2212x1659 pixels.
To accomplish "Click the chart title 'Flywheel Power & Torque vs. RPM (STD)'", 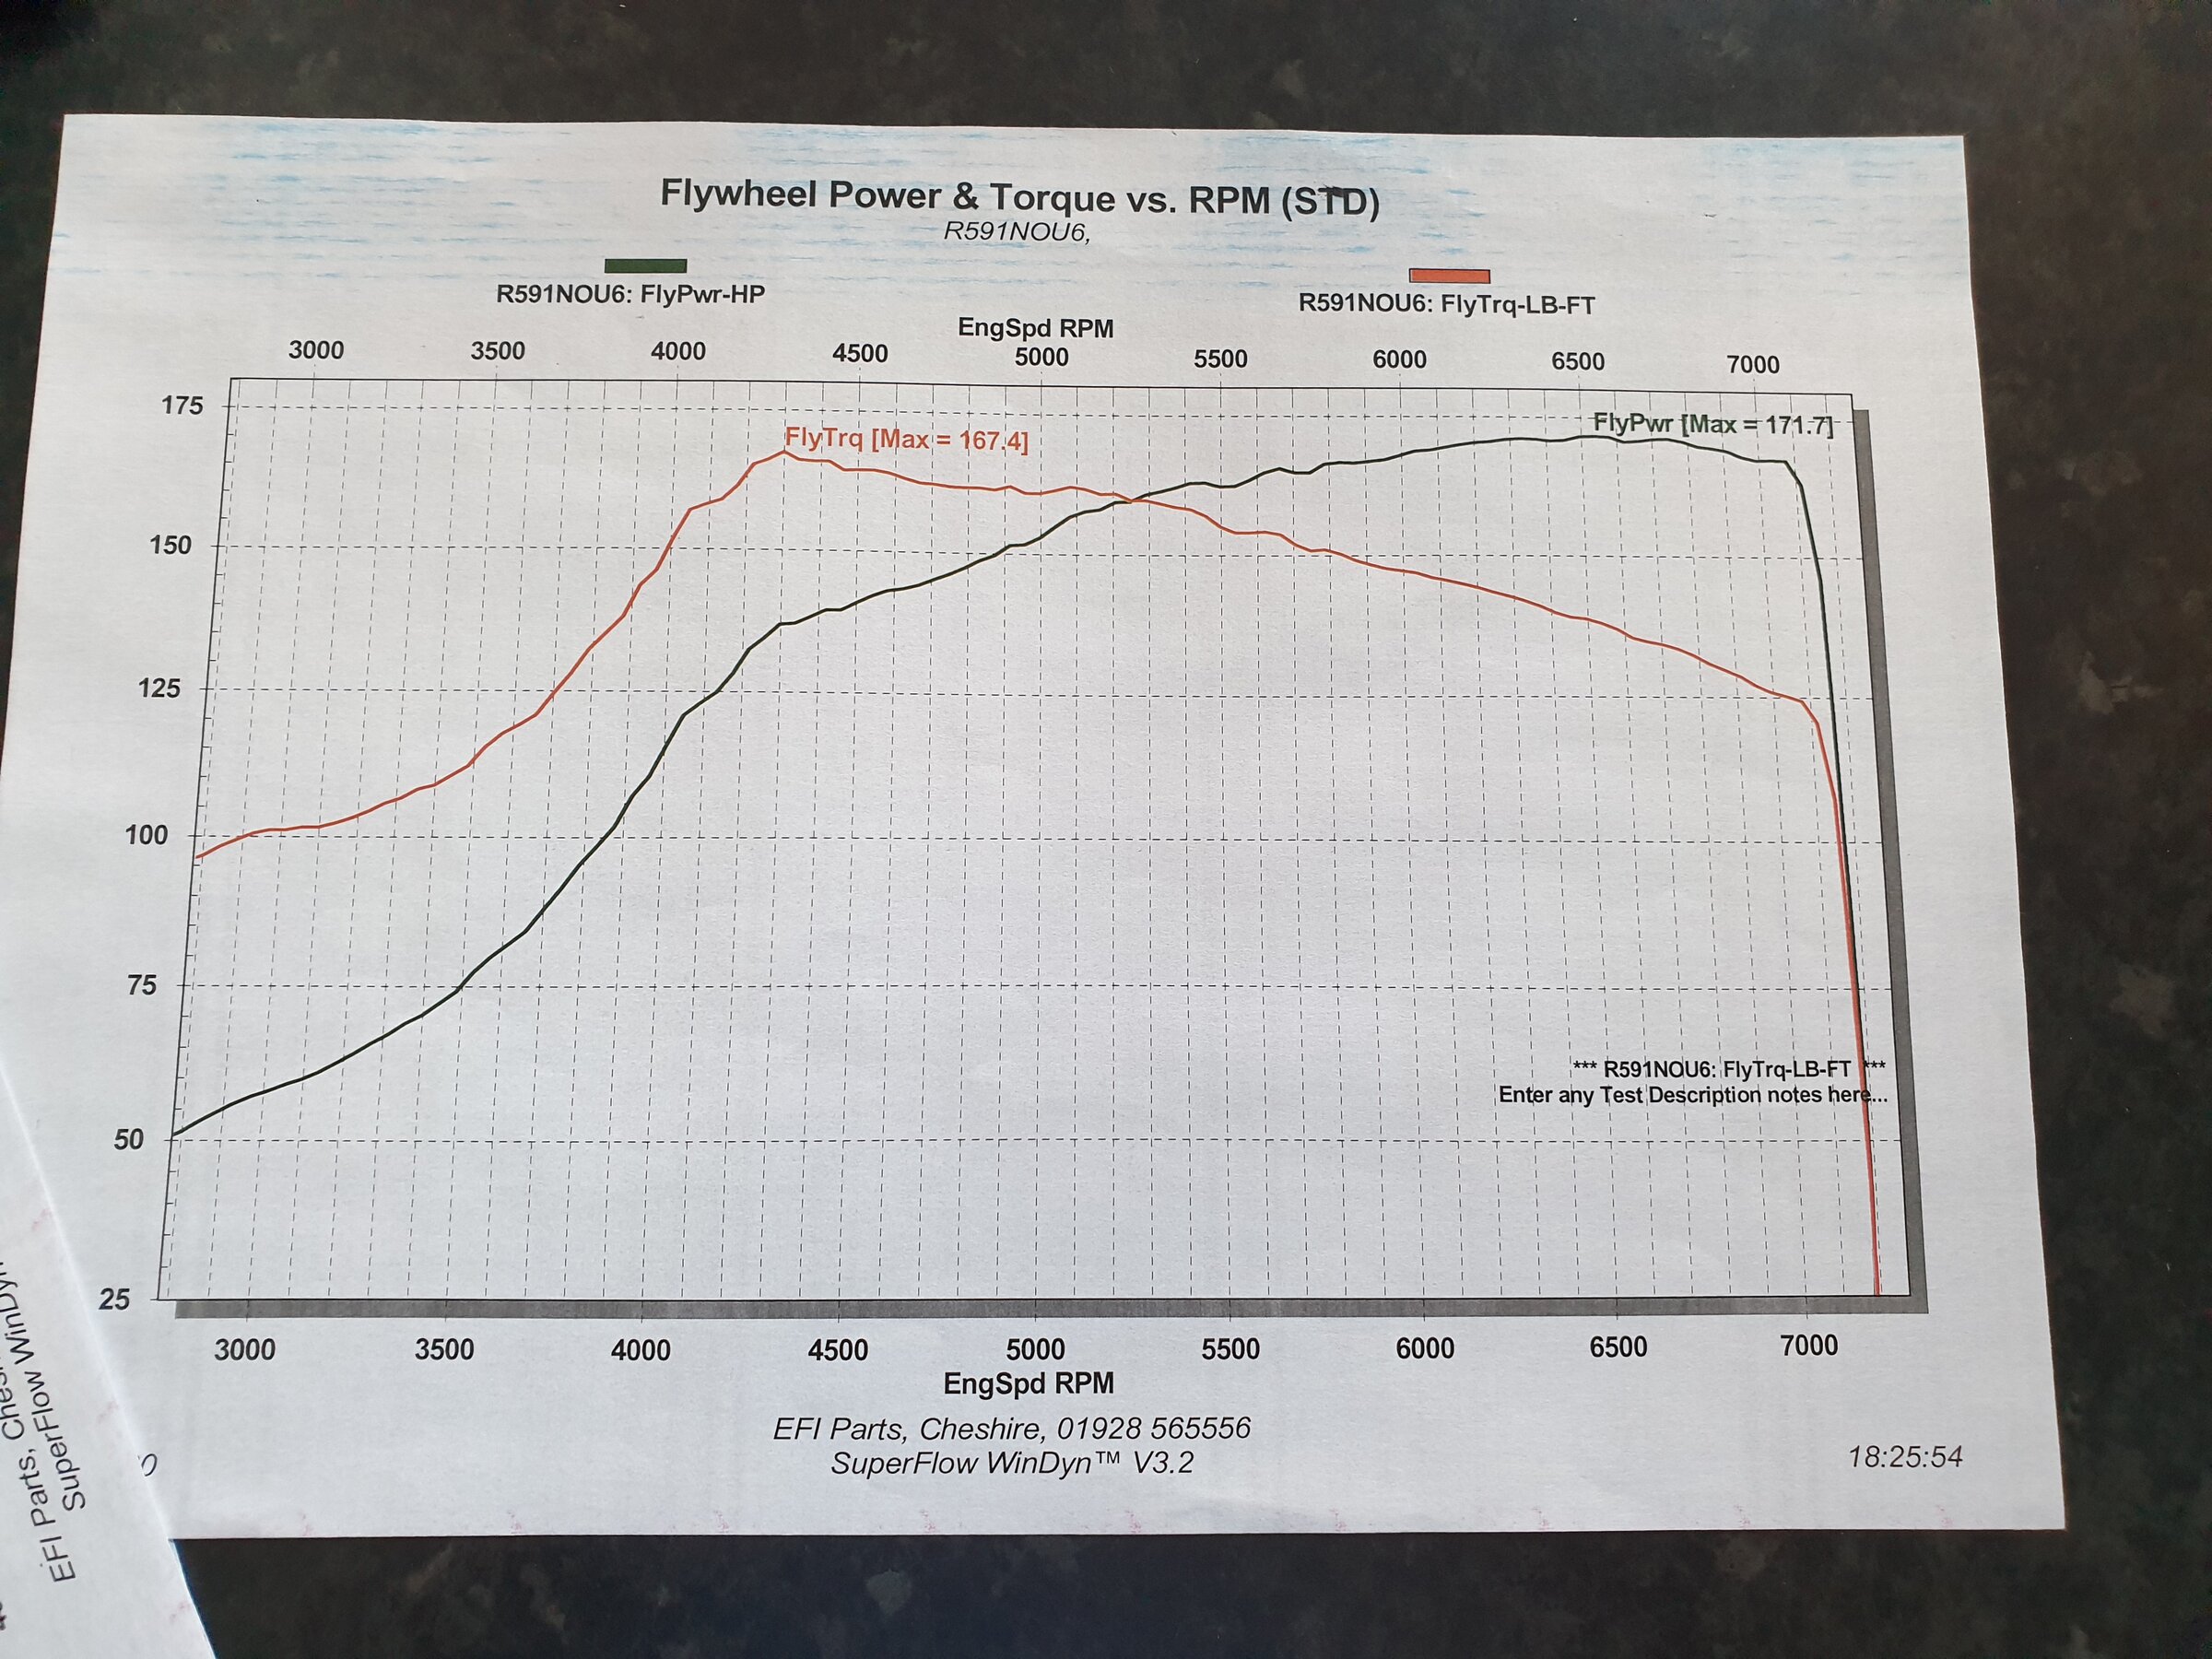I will point(1019,197).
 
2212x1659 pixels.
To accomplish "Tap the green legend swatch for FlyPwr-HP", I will point(645,266).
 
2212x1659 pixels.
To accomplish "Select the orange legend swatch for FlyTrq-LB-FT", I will point(1449,276).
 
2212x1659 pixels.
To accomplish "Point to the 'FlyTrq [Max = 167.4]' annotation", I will point(906,439).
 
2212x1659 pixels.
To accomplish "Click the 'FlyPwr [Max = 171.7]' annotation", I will point(1712,424).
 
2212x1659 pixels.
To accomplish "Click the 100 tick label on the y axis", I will point(146,835).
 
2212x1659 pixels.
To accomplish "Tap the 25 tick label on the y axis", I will point(114,1299).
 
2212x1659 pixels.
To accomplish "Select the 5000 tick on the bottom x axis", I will point(1035,1349).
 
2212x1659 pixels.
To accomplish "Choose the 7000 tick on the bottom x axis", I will point(1809,1346).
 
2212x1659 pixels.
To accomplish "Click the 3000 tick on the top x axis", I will point(316,350).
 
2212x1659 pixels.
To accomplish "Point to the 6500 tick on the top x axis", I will point(1578,361).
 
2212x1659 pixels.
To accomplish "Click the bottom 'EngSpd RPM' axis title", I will point(1028,1384).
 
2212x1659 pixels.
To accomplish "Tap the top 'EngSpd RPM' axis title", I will point(1035,328).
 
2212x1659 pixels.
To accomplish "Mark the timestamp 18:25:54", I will point(1905,1457).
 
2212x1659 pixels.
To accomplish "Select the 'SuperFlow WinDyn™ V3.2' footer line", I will point(1012,1463).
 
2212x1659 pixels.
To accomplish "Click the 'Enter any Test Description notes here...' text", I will point(1692,1095).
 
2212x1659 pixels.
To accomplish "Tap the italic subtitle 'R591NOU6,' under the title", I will point(1016,232).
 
